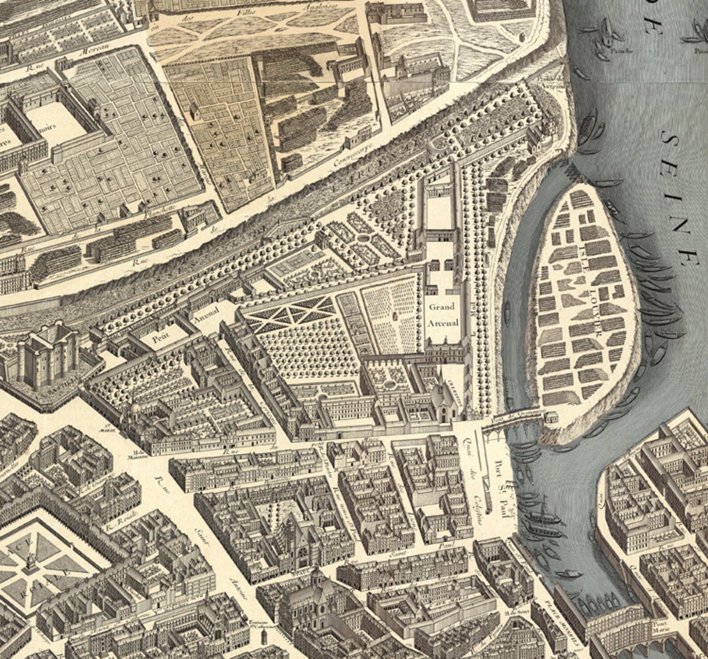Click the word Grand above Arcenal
click(x=441, y=307)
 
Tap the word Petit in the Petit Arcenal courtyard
click(x=161, y=339)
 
